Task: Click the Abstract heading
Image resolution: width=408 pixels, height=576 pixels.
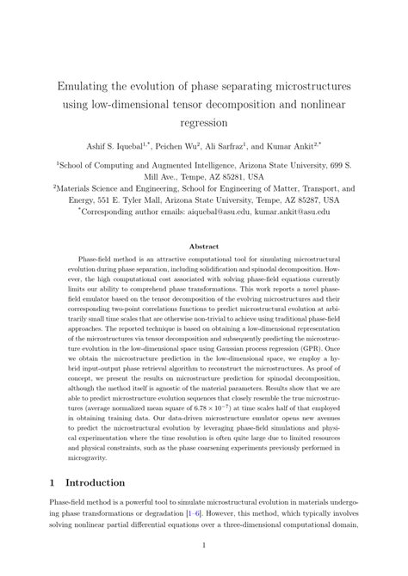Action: click(x=203, y=245)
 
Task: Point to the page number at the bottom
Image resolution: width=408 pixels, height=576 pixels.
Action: click(x=204, y=545)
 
